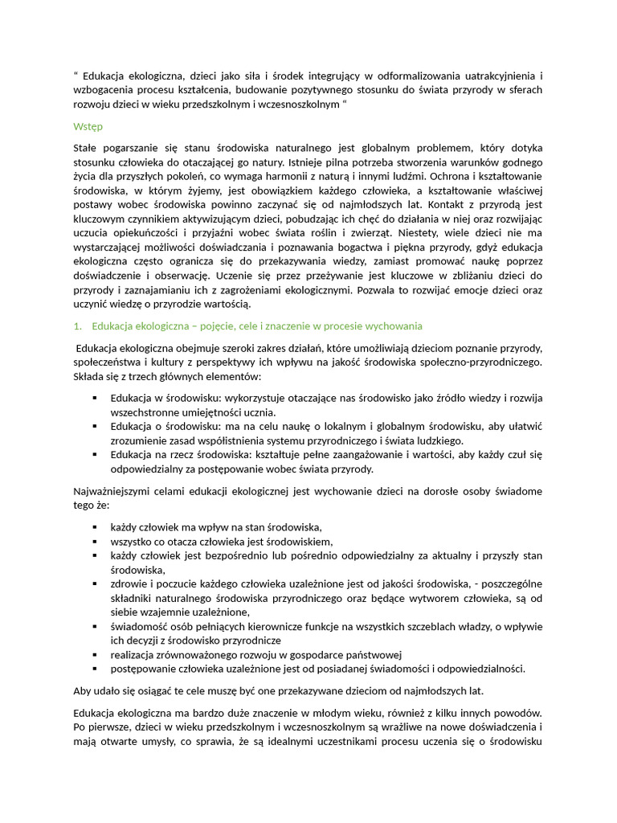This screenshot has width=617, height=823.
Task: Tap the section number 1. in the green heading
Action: pos(77,326)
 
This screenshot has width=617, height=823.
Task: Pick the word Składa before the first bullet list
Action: pos(89,376)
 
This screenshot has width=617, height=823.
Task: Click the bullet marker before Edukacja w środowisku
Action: pos(95,398)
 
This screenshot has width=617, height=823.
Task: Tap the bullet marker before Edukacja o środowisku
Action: pos(95,426)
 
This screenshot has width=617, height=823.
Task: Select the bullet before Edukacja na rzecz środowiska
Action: pos(95,454)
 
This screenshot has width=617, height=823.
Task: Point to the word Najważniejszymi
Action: pos(115,490)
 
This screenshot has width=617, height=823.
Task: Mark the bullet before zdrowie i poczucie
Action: pos(95,583)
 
